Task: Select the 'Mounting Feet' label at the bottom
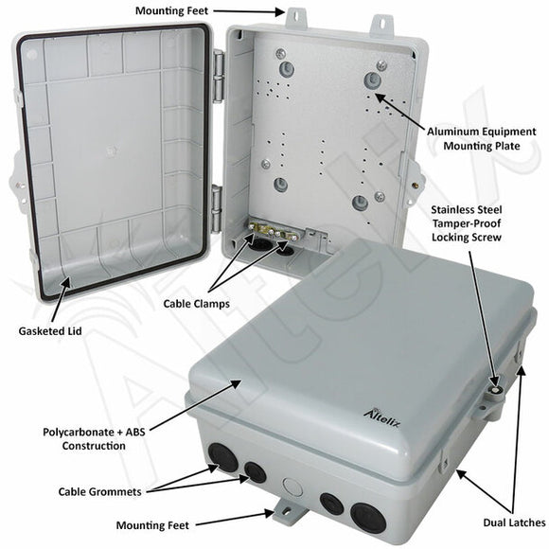(x=152, y=524)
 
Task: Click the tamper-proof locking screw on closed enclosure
(x=493, y=387)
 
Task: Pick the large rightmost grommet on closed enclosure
(x=364, y=516)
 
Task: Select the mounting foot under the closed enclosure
(x=283, y=514)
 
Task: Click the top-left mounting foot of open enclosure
(x=295, y=16)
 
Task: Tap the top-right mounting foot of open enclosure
(x=381, y=21)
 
